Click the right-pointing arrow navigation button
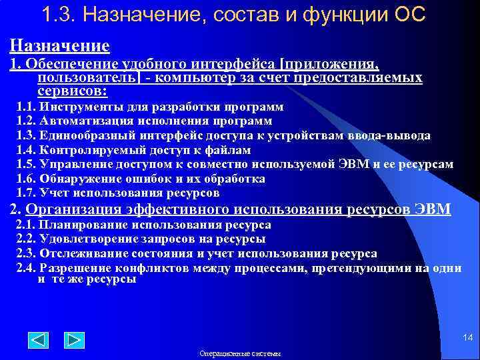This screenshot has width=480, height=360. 74,340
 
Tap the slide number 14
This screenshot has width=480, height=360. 467,339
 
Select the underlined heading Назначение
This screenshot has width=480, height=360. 59,45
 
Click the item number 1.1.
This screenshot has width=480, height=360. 26,107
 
